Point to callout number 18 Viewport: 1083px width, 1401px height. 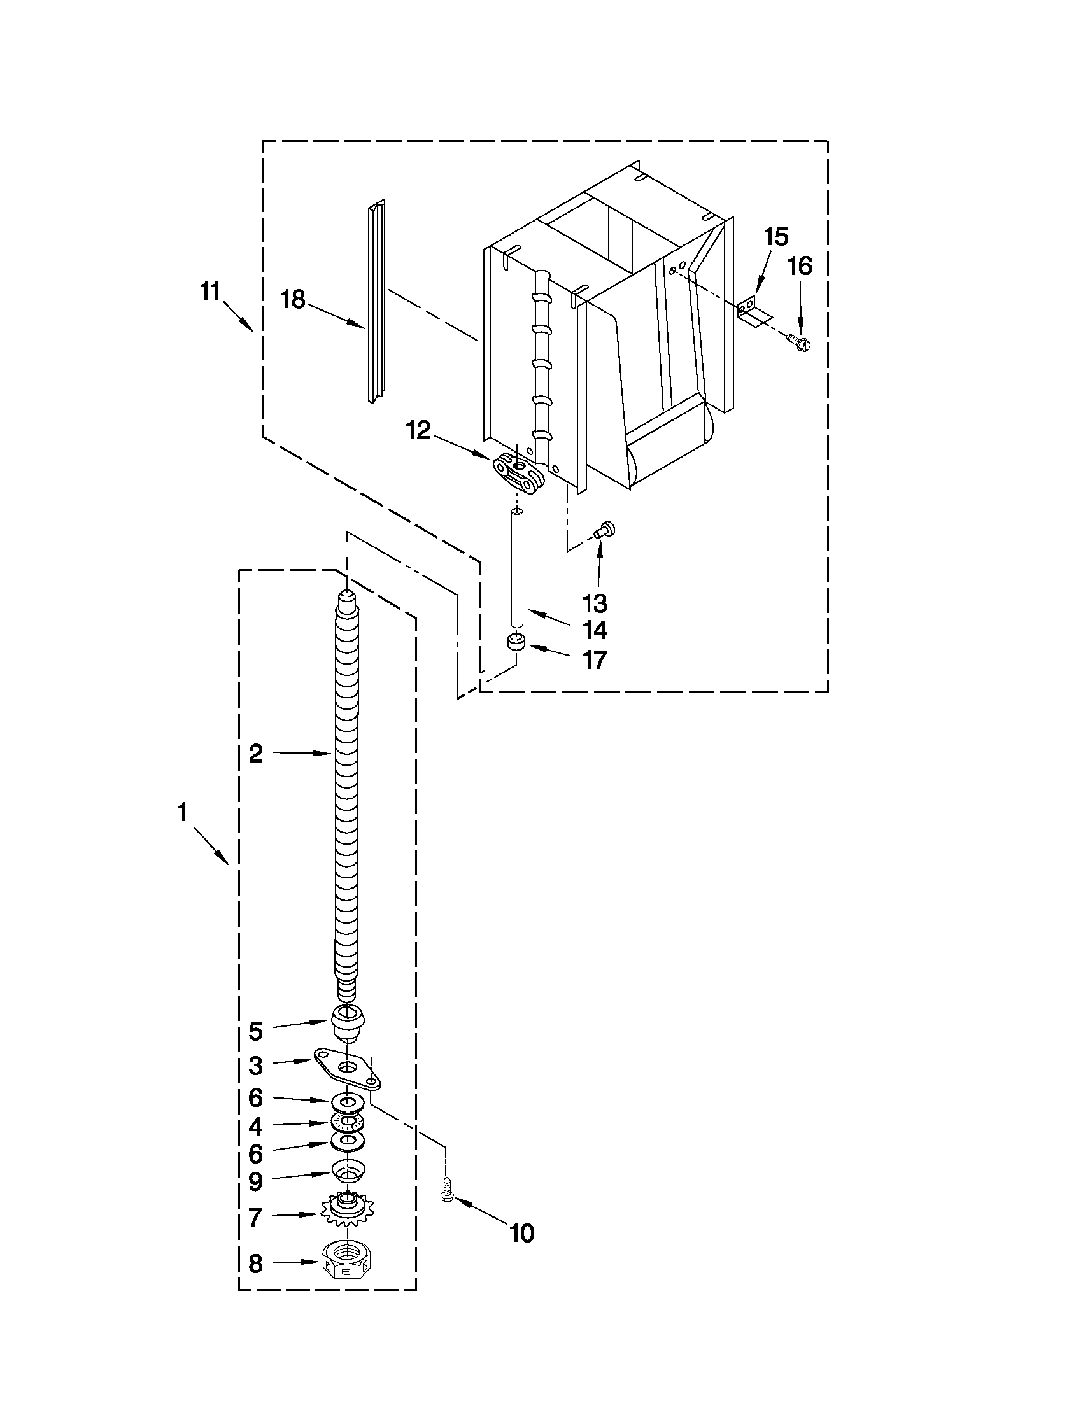294,299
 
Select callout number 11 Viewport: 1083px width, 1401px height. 210,292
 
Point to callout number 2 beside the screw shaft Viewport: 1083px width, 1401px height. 255,754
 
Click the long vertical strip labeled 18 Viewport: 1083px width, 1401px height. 376,302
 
